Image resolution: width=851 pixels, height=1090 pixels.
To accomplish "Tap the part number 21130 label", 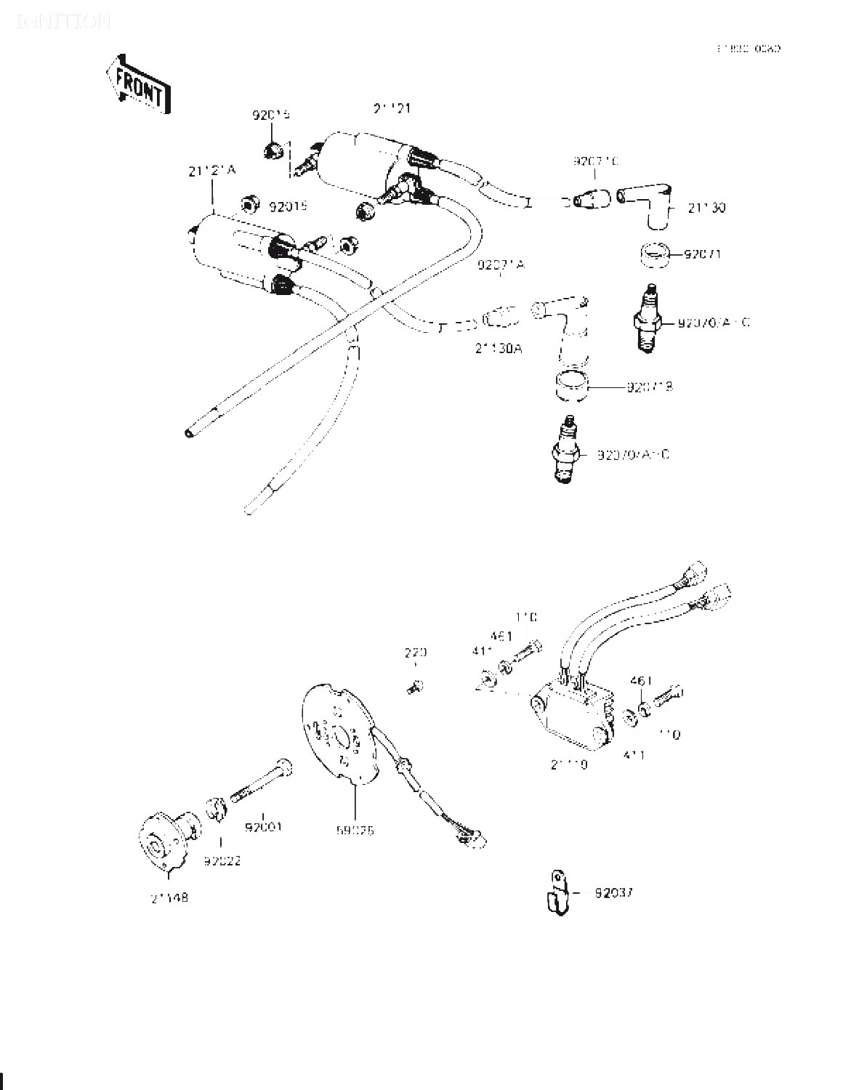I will click(706, 208).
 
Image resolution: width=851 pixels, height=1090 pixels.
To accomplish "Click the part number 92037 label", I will click(614, 893).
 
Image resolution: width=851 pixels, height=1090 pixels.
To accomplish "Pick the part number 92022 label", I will click(222, 861).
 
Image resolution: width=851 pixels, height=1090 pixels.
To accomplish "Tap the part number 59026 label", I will click(355, 830).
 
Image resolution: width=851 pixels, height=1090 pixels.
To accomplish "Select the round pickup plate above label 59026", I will click(339, 734).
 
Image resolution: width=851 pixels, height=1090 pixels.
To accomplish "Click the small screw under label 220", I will click(415, 685).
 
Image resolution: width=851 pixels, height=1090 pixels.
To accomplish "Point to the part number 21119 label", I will click(569, 764).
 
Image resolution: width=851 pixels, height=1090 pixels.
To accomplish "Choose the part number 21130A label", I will click(499, 348).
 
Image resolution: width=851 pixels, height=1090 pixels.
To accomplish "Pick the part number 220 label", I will click(415, 653).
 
